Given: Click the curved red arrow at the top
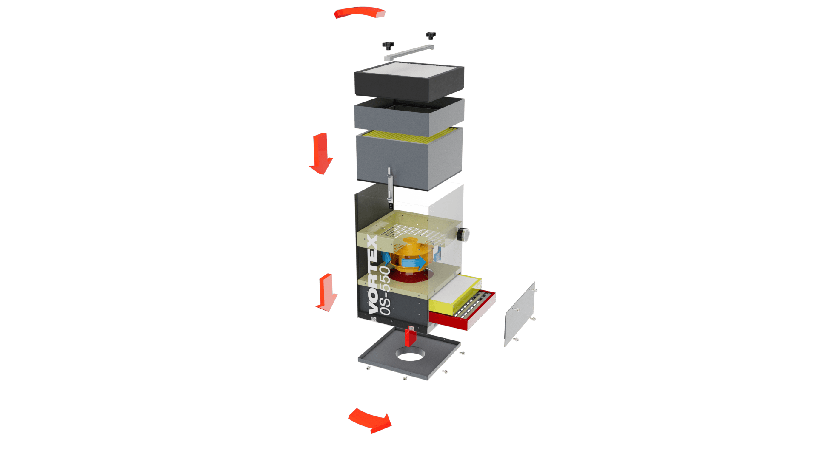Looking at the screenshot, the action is coord(360,11).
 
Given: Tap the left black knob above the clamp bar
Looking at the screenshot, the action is coord(388,45).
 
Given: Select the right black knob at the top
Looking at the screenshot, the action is coord(431,35).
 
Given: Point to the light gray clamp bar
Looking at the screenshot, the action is coord(409,53).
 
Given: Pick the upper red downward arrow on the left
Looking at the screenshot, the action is coord(321,153).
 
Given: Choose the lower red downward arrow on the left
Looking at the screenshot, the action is coord(326,292).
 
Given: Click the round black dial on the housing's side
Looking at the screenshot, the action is coord(463,234).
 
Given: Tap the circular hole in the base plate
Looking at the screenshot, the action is coord(410,354).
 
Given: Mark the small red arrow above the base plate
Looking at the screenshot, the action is coord(410,336).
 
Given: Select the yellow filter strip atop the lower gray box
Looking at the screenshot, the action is coord(409,134).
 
